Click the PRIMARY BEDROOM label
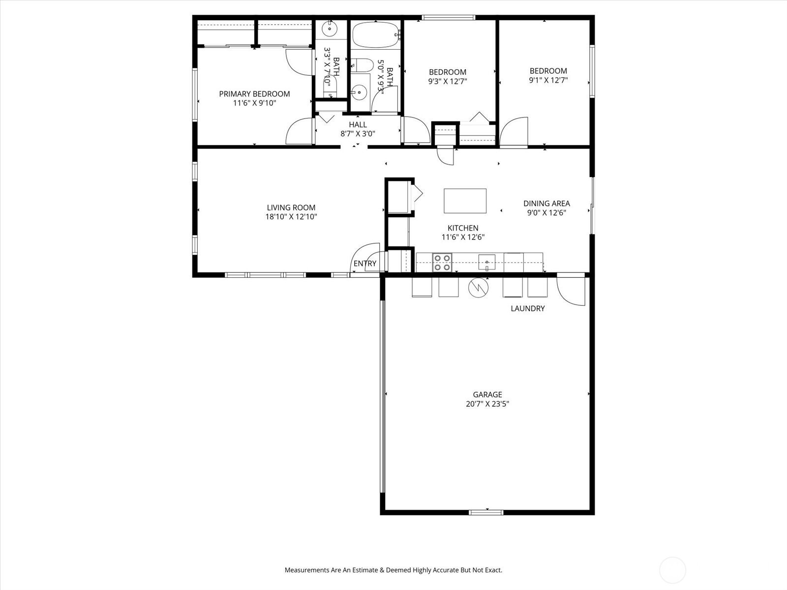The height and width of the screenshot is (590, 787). [x=254, y=94]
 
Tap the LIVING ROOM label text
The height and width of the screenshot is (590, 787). [x=291, y=207]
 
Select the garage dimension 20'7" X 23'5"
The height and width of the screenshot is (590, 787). [x=487, y=404]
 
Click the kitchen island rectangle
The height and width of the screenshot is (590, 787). [x=465, y=201]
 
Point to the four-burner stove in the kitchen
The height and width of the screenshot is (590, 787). [x=442, y=263]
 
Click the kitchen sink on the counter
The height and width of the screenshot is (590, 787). [x=487, y=262]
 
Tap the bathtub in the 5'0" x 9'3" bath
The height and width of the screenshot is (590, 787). [x=375, y=35]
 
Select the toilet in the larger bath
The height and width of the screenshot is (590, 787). [x=362, y=65]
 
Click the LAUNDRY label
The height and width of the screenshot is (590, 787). [x=528, y=308]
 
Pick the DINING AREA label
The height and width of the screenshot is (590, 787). [x=546, y=204]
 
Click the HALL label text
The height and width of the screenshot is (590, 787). [x=358, y=125]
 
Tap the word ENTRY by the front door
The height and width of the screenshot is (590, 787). [x=365, y=264]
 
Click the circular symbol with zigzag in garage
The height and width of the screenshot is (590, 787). [x=478, y=287]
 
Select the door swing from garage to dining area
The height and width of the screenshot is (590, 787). [x=571, y=291]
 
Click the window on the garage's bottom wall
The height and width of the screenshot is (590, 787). [x=486, y=512]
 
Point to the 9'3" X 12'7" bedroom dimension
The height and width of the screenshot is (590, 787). [x=448, y=81]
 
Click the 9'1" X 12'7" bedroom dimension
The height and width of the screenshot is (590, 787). [x=548, y=80]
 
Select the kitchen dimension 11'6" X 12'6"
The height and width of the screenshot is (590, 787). [x=463, y=237]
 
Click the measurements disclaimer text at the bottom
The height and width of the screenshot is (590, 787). [x=393, y=569]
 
